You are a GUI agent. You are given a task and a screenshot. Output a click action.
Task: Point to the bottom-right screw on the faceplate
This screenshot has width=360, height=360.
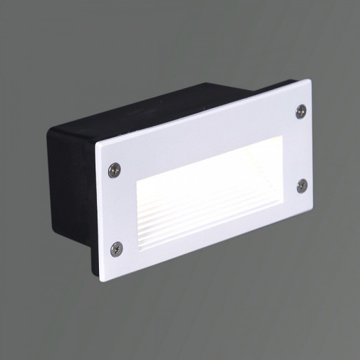303,183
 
